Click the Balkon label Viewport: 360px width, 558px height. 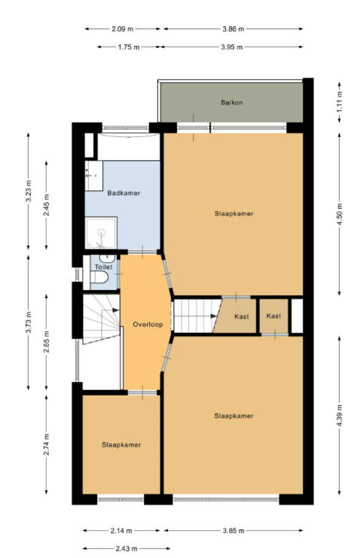coord(232,102)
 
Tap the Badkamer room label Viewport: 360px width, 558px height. coord(124,194)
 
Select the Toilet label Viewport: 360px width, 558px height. coord(104,267)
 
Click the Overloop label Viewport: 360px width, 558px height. coord(148,325)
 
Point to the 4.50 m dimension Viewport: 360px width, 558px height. coord(340,214)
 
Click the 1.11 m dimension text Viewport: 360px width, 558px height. coord(340,102)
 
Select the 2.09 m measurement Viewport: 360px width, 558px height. coord(123,29)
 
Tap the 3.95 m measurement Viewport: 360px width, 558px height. coord(232,47)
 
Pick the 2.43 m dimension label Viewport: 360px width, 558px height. coord(127,548)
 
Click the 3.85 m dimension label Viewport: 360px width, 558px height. coord(233,531)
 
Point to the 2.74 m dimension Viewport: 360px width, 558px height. coord(46,444)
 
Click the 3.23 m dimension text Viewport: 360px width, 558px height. coord(29,191)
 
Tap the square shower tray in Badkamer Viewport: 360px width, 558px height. coord(101,233)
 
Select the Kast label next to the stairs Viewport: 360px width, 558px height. coord(242,316)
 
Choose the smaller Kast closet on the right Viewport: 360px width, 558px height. coord(273,316)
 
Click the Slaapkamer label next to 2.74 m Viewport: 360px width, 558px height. coord(121,445)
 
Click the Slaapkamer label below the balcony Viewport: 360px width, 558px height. coord(234,214)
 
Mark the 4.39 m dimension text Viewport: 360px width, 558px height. coord(340,416)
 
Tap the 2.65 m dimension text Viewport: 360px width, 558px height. coord(46,342)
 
